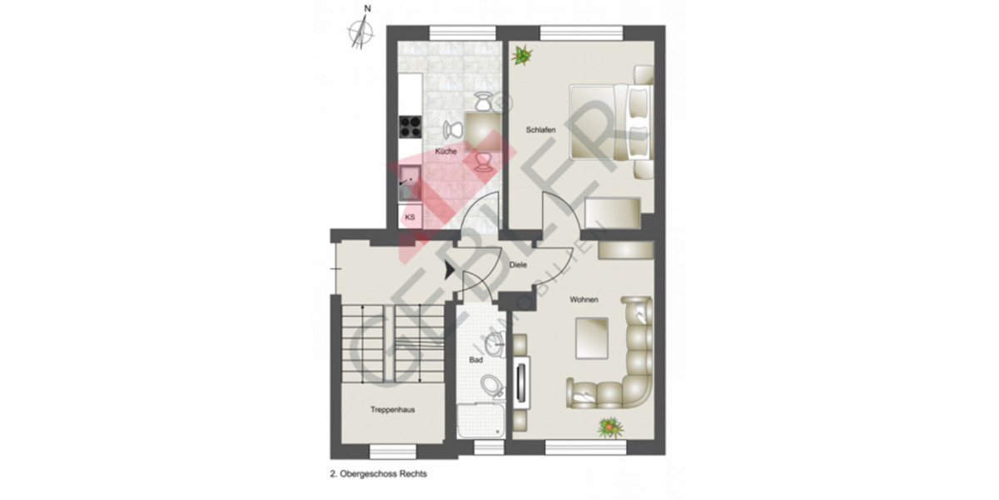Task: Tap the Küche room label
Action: point(445,152)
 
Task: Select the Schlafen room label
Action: point(540,130)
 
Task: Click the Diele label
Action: point(516,266)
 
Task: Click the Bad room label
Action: point(476,361)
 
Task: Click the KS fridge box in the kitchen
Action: point(410,217)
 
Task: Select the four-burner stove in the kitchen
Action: point(410,126)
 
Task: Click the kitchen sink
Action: point(410,179)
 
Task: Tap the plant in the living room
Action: point(611,427)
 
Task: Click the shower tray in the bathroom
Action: point(481,420)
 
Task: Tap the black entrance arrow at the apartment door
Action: point(450,270)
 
